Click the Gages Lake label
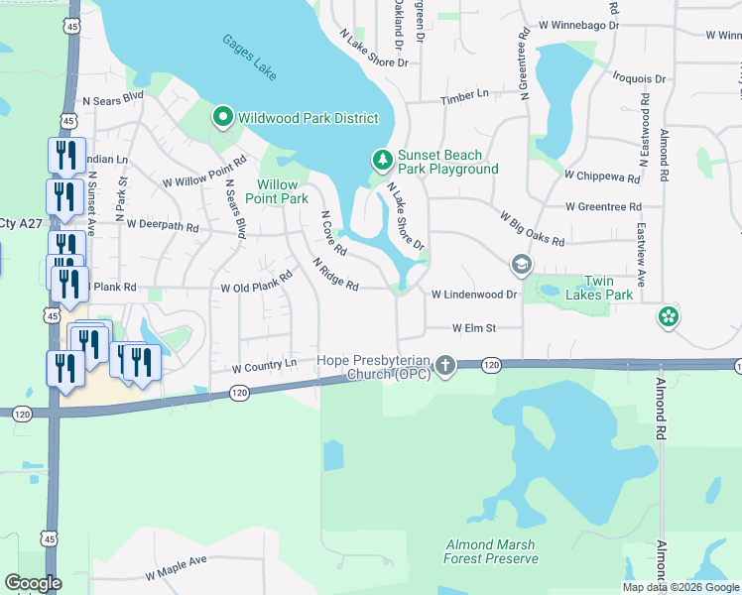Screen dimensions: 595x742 click(x=250, y=59)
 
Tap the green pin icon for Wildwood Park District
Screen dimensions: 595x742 click(x=223, y=118)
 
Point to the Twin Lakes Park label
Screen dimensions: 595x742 click(x=599, y=288)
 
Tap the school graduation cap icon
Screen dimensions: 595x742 click(x=521, y=265)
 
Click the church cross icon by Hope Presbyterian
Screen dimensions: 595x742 click(x=445, y=366)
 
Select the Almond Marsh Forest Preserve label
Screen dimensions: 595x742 click(x=491, y=551)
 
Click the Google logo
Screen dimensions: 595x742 click(x=33, y=583)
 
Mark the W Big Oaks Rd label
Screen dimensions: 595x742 click(x=532, y=228)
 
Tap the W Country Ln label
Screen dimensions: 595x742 click(x=264, y=367)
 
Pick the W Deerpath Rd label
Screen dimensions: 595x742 click(x=163, y=226)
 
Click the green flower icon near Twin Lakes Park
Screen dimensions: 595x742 click(x=669, y=317)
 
